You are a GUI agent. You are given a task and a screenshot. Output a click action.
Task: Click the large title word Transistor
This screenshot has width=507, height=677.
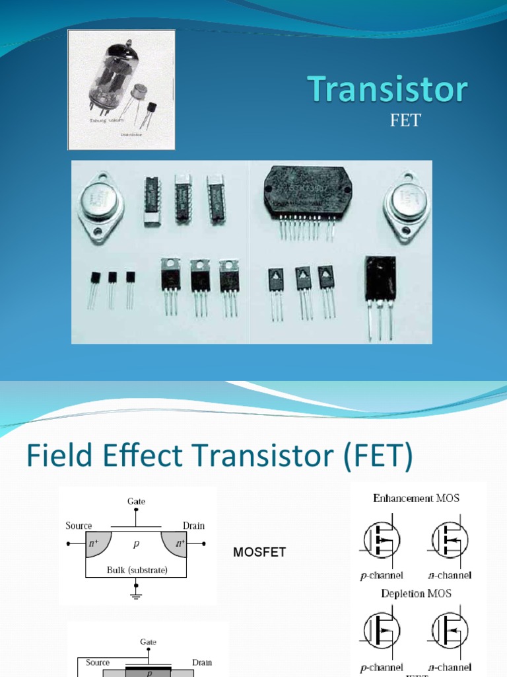(x=388, y=91)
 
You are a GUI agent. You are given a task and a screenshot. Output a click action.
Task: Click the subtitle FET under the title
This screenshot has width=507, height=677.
(x=405, y=122)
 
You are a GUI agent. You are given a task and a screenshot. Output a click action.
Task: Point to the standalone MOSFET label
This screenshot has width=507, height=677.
(x=259, y=552)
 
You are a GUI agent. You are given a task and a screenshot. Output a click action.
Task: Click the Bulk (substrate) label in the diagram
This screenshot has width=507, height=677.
(x=137, y=569)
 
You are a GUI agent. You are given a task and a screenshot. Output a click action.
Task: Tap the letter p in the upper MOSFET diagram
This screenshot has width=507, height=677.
(x=137, y=543)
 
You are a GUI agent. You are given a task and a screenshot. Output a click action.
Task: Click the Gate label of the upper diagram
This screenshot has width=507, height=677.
(x=137, y=502)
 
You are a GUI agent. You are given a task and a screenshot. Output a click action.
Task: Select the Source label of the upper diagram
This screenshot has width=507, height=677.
(x=79, y=526)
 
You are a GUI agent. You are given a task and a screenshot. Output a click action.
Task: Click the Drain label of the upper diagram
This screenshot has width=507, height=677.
(x=193, y=526)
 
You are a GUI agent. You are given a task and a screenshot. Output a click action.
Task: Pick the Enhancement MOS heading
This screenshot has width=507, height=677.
(x=416, y=498)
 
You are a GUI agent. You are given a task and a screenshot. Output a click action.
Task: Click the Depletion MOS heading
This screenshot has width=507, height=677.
(x=416, y=593)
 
